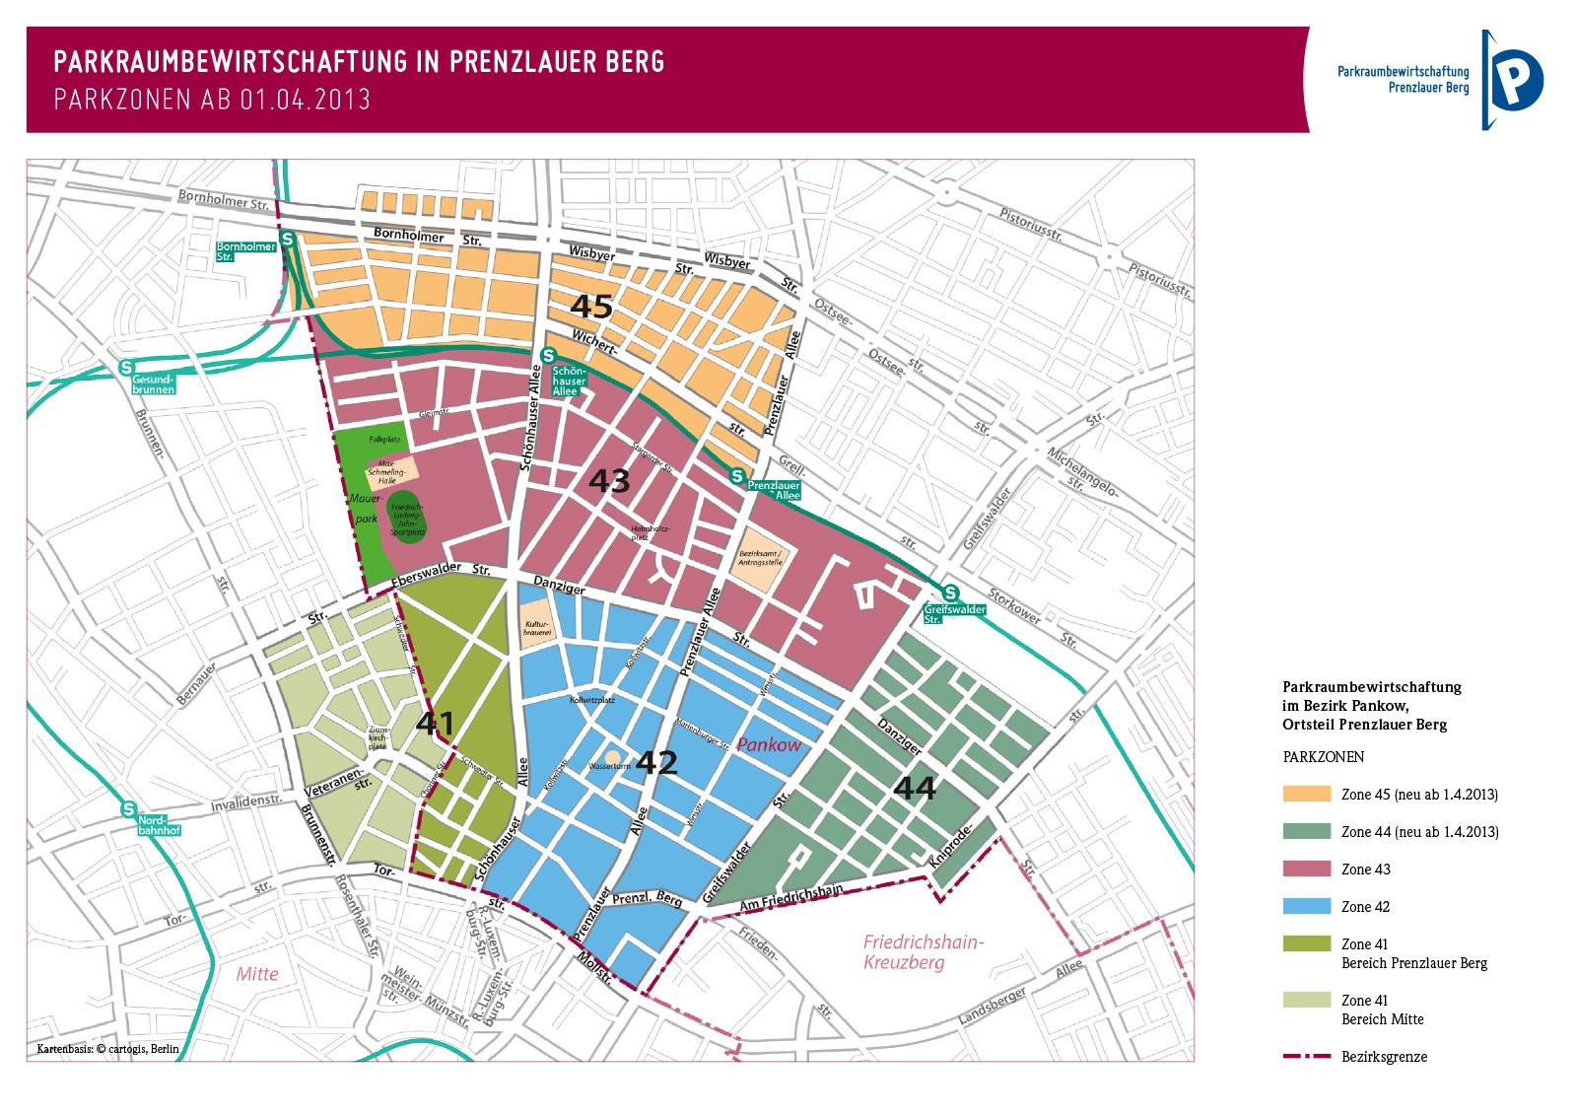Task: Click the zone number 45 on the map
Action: [x=591, y=307]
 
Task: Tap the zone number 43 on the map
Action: [x=608, y=481]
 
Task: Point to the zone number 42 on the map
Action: [x=656, y=762]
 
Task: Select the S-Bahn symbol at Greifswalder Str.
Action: [x=950, y=593]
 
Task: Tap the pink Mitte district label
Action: [x=257, y=974]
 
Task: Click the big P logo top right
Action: [x=1514, y=79]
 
